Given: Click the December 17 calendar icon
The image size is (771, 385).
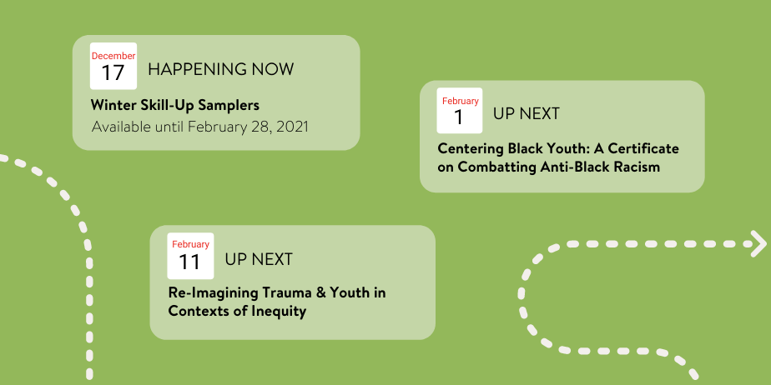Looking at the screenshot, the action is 113,67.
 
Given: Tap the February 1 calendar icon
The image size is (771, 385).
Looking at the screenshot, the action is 460,111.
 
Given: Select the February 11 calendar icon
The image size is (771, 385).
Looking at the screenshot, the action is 190,256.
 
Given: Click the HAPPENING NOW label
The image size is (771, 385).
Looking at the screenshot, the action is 221,69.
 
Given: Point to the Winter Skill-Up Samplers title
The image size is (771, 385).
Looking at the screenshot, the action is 175,105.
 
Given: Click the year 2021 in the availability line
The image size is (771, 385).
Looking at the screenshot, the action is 292,127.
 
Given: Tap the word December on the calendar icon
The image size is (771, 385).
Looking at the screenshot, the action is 113,56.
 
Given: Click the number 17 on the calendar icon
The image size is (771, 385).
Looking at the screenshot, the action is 113,72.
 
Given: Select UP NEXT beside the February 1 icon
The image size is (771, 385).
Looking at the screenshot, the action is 527,114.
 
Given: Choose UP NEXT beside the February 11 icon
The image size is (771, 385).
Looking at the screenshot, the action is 259,259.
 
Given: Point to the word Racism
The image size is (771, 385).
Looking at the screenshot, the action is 637,167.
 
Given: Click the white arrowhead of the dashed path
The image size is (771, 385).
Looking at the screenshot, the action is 758,243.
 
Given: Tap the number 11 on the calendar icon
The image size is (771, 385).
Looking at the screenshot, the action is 189,262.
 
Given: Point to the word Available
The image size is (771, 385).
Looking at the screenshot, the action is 122,127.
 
